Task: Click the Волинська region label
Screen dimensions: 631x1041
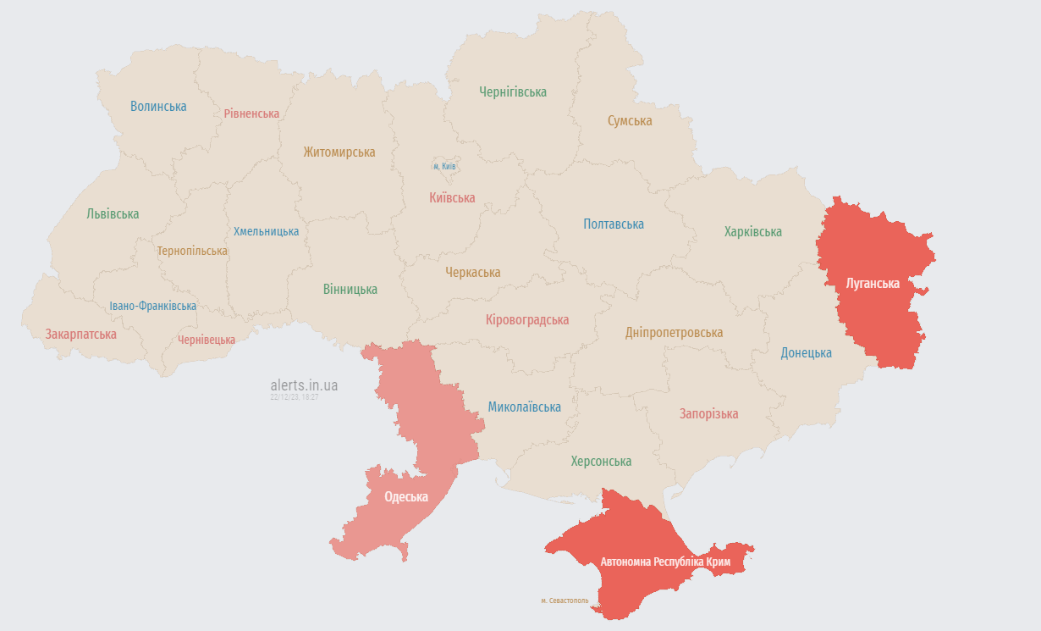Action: [x=158, y=107]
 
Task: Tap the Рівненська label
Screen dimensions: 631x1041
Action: [x=251, y=113]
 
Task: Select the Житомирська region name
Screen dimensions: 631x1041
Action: [x=339, y=152]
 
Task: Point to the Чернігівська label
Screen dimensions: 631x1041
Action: [x=512, y=91]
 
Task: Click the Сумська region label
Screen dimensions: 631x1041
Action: [x=630, y=121]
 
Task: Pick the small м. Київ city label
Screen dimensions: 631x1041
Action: [x=444, y=166]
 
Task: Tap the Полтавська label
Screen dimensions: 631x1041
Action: [x=613, y=224]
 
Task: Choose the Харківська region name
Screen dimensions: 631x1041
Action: [x=752, y=231]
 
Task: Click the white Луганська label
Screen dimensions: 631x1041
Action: [x=873, y=283]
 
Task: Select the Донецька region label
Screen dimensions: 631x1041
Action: [x=806, y=353]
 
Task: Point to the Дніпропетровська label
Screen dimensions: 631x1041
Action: [x=674, y=333]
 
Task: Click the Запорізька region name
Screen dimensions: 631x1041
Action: [x=708, y=414]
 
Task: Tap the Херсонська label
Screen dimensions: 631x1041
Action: [x=601, y=462]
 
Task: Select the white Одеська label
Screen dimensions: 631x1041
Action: [x=406, y=497]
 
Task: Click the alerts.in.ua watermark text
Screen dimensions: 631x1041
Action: [x=304, y=385]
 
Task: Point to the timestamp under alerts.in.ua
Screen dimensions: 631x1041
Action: [x=294, y=396]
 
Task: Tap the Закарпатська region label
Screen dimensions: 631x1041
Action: [x=80, y=335]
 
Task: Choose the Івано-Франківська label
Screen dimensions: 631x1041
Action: [x=152, y=306]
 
